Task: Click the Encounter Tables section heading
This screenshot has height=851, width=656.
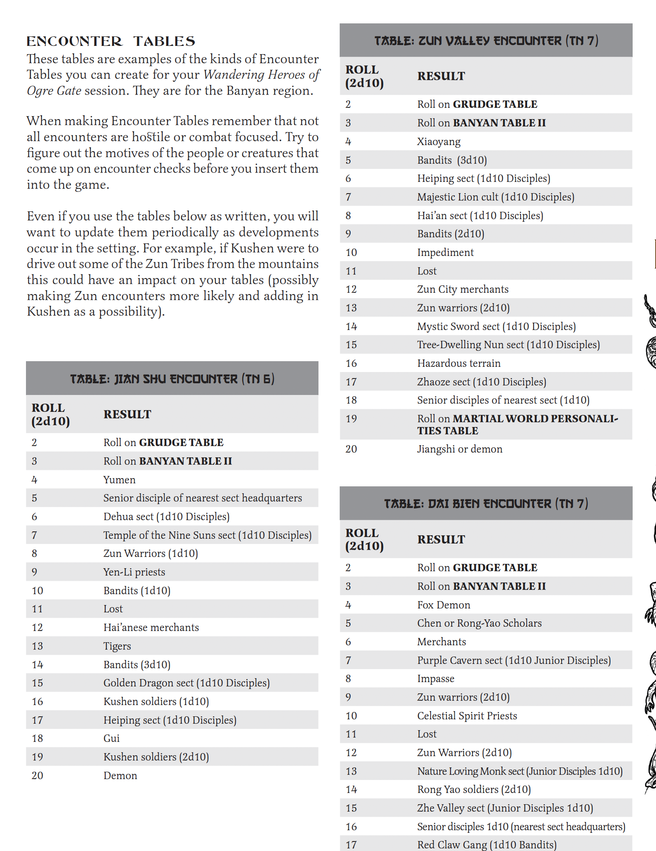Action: pos(111,41)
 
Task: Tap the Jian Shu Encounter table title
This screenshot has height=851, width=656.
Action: pos(172,379)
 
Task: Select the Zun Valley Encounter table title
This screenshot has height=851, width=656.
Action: pos(486,41)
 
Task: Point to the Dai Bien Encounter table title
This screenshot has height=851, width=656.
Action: pos(486,504)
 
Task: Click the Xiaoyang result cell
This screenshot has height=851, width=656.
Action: pos(439,142)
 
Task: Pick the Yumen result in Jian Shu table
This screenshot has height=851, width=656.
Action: pos(119,480)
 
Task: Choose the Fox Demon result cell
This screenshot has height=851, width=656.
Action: pos(444,605)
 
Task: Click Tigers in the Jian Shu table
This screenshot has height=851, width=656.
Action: pos(117,646)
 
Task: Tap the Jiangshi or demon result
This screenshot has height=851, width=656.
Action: pos(460,449)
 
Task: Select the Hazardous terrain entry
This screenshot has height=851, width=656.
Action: pos(459,363)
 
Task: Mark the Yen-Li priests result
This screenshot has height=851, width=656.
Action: pos(134,572)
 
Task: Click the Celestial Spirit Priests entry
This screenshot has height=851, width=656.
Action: pos(467,716)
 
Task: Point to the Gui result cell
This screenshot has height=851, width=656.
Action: pos(112,738)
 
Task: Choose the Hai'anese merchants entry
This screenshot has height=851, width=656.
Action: pos(151,628)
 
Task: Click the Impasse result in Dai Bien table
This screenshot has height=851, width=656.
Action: pos(436,679)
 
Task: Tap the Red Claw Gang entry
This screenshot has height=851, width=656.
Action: pos(487,845)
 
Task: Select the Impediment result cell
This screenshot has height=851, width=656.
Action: pos(445,252)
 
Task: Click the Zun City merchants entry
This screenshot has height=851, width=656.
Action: pos(463,289)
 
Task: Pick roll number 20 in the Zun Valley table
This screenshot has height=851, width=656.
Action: pos(351,449)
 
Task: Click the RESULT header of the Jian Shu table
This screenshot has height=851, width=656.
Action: pos(127,414)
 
